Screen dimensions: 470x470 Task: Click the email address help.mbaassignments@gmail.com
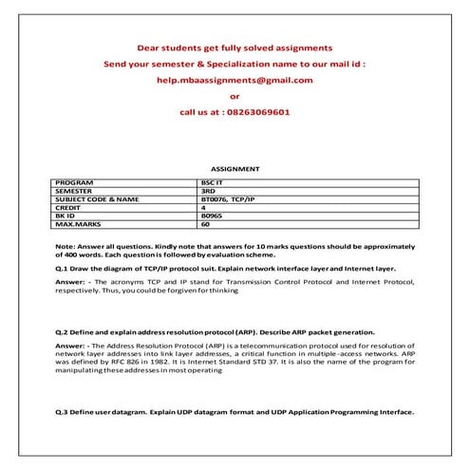point(235,80)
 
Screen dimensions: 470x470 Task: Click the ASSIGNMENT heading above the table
point(235,169)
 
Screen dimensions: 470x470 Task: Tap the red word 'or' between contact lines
point(235,95)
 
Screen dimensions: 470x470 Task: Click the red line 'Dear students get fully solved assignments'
point(235,47)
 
